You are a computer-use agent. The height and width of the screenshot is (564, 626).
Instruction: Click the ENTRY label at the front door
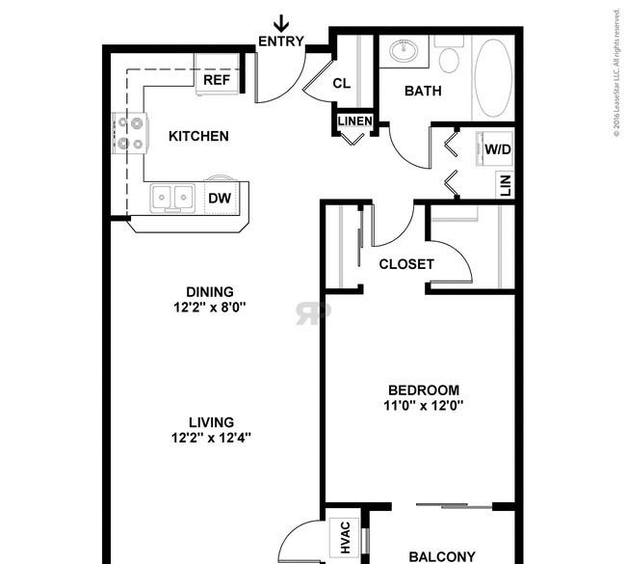281,41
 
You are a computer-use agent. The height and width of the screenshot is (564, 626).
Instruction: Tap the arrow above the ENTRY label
281,23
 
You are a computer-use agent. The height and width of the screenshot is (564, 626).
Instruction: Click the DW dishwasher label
220,198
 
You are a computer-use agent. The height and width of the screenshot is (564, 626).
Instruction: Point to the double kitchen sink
172,198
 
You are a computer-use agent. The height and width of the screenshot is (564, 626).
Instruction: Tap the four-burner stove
130,133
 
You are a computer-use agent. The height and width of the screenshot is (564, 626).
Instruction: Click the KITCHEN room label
198,136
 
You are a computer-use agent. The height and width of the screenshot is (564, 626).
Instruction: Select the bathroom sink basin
404,51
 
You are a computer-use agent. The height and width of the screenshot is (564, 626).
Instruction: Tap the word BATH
423,92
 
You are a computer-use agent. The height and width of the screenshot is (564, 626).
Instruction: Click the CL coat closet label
341,84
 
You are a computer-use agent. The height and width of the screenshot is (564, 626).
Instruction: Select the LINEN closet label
355,121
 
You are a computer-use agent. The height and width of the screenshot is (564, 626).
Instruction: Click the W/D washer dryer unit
494,148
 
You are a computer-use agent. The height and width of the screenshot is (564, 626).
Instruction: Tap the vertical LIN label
505,185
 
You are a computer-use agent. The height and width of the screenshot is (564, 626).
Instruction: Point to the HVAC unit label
345,538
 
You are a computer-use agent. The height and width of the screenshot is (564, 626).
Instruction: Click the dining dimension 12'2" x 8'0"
210,308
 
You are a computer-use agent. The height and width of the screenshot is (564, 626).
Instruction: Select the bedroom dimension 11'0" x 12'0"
423,406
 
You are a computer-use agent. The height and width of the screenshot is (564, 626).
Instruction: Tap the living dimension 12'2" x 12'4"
211,438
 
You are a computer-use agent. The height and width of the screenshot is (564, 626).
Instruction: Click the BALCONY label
442,557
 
